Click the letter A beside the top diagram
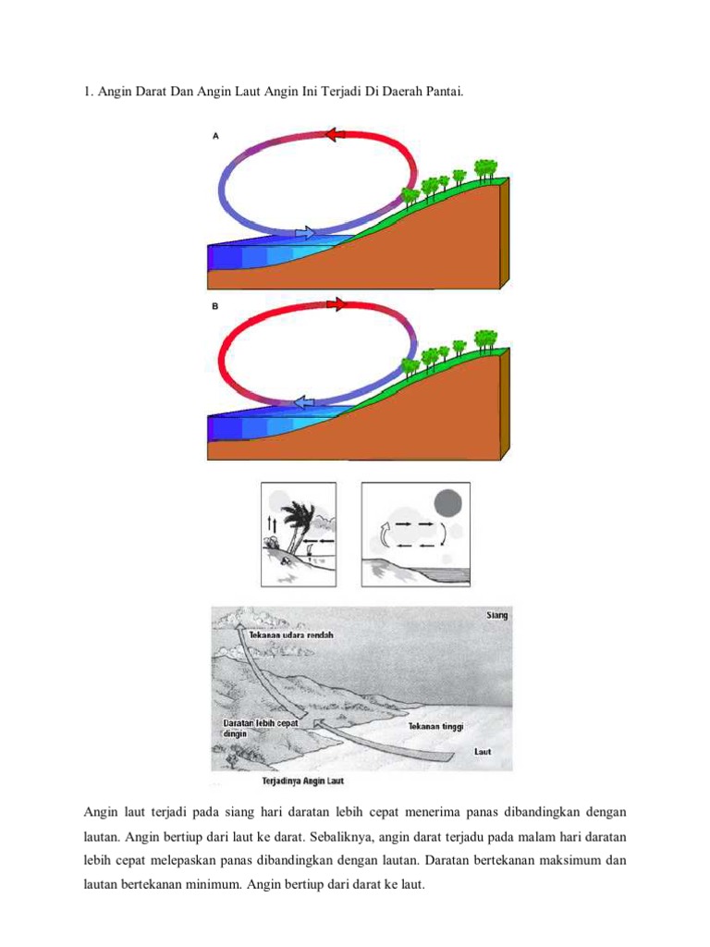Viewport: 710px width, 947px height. pos(215,135)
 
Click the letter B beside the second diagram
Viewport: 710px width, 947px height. pos(215,306)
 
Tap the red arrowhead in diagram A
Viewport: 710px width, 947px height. pos(335,135)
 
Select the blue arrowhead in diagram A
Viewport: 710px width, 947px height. pos(305,233)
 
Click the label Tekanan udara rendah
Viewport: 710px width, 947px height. pos(290,635)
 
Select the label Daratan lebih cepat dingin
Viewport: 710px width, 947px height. pos(260,728)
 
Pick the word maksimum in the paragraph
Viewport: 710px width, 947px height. pos(569,860)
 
